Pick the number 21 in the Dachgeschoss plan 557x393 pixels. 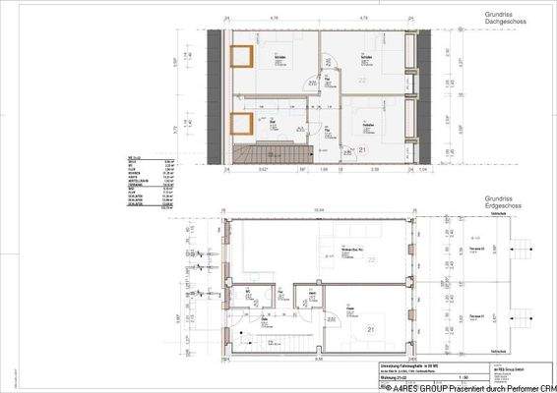pyautogui.click(x=362, y=149)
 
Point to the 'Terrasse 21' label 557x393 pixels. pyautogui.click(x=476, y=315)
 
